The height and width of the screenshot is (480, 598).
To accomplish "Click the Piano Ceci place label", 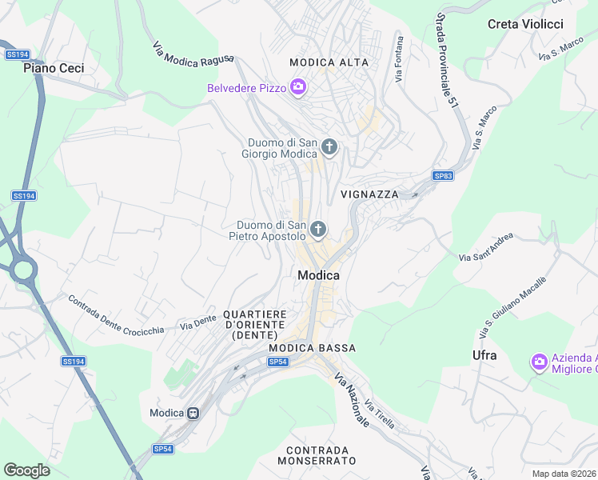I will [54, 69].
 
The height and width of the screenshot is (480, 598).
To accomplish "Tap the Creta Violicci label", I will [525, 24].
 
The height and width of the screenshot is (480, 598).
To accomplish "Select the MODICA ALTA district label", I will [329, 62].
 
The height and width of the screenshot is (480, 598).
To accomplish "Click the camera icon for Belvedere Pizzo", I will [298, 87].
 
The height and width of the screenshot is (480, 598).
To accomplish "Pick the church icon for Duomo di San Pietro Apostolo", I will [318, 230].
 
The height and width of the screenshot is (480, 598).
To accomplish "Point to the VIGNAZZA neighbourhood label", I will [369, 194].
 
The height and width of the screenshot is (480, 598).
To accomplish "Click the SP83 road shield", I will [443, 176].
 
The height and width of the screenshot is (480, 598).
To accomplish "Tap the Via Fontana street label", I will [399, 58].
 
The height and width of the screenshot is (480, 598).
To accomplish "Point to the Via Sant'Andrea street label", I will [486, 248].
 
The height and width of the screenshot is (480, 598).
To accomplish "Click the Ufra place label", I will [484, 355].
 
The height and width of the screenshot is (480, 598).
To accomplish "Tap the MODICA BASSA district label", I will [312, 349].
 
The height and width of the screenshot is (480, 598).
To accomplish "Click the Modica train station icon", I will [193, 413].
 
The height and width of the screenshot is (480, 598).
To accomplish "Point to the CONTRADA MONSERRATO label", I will [317, 455].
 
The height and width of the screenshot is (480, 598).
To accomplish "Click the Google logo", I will [26, 470].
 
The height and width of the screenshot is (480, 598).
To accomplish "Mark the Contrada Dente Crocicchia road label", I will [116, 316].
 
